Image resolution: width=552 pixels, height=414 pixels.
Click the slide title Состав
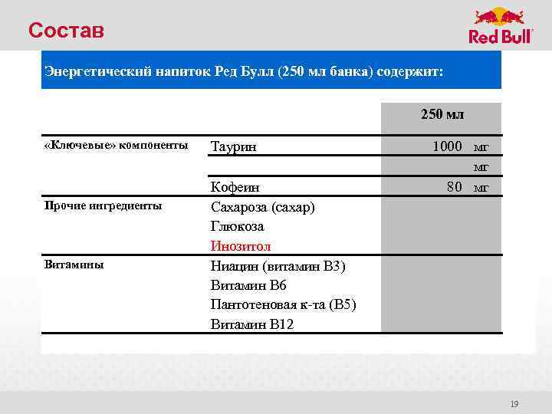(x=65, y=31)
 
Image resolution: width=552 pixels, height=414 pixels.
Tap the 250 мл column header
(x=442, y=114)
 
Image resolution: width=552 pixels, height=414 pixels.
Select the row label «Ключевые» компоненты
(x=116, y=146)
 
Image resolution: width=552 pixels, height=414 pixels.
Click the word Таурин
(x=233, y=146)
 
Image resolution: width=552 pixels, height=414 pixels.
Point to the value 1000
(x=447, y=146)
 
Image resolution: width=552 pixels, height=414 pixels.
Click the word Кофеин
(x=235, y=187)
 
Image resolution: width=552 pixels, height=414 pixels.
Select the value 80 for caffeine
(x=455, y=186)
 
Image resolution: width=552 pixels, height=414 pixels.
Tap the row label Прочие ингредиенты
(x=103, y=205)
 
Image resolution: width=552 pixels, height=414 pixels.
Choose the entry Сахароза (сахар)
(x=262, y=207)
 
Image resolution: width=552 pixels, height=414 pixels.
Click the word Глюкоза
(x=237, y=227)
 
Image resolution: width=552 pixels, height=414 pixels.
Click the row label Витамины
(x=74, y=264)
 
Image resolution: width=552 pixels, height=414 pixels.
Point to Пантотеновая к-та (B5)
(x=283, y=304)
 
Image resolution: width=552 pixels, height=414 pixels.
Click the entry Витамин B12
(x=251, y=324)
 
